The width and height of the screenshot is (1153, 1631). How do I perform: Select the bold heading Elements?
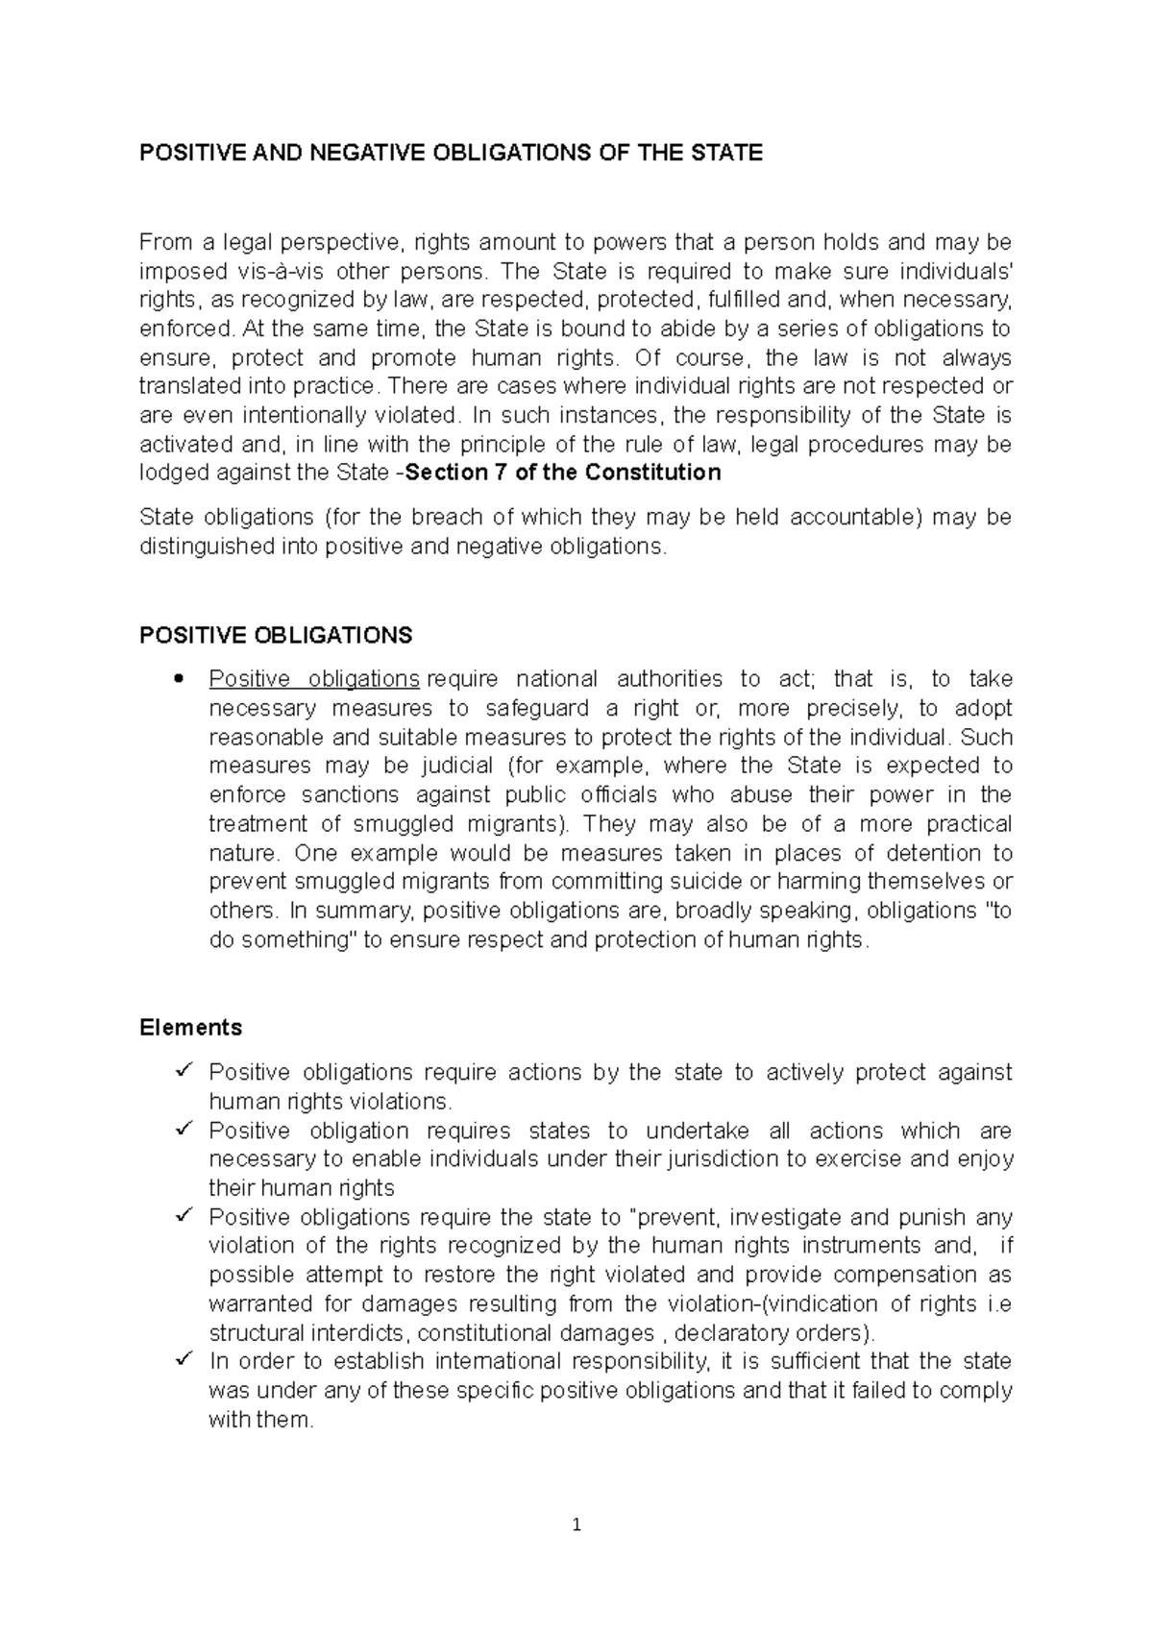tap(190, 1027)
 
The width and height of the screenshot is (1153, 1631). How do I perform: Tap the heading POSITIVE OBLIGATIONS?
tap(276, 635)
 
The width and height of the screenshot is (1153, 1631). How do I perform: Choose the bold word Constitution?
tap(653, 473)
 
